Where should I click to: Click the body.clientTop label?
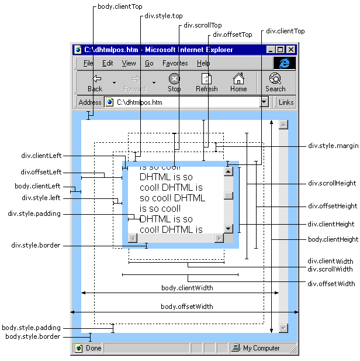pyautogui.click(x=119, y=7)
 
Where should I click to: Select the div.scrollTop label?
pyautogui.click(x=203, y=26)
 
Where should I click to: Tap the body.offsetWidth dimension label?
pyautogui.click(x=187, y=307)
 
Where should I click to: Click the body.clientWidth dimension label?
pyautogui.click(x=187, y=288)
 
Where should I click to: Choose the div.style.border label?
pyautogui.click(x=36, y=246)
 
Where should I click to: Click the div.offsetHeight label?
pyautogui.click(x=333, y=207)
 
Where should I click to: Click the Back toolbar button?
pyautogui.click(x=95, y=82)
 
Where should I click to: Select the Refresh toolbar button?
pyautogui.click(x=206, y=82)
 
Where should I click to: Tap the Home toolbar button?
pyautogui.click(x=238, y=82)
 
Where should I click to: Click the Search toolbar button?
pyautogui.click(x=275, y=82)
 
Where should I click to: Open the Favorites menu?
pyautogui.click(x=175, y=63)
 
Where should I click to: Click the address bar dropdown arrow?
pyautogui.click(x=264, y=102)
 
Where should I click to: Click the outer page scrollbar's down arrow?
pyautogui.click(x=283, y=328)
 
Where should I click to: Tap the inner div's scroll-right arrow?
pyautogui.click(x=219, y=238)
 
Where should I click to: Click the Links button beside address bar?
pyautogui.click(x=286, y=102)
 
